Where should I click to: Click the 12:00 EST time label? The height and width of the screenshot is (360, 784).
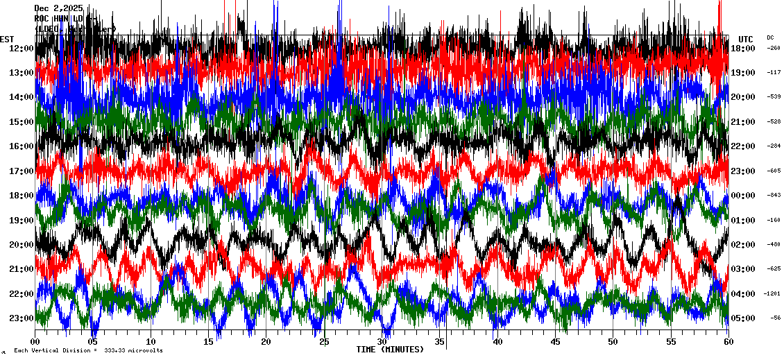(x=22, y=48)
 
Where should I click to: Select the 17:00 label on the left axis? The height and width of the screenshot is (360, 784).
(x=22, y=171)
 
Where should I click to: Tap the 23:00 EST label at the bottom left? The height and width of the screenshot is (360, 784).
(x=22, y=318)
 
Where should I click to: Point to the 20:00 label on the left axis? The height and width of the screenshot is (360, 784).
(x=22, y=244)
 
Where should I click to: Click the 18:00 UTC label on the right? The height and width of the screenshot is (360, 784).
(x=742, y=48)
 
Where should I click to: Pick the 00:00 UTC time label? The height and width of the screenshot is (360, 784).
(x=742, y=196)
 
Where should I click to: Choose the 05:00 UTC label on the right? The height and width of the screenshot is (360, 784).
(x=742, y=318)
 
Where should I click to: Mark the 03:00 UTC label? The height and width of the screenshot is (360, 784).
(x=742, y=269)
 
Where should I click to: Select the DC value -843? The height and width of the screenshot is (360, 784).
(x=774, y=195)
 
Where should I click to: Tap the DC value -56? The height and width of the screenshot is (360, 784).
(x=775, y=318)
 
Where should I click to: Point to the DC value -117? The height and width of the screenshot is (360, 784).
(x=774, y=72)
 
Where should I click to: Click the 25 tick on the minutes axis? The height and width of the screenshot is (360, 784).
(x=324, y=342)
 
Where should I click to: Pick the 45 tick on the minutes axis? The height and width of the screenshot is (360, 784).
(x=555, y=342)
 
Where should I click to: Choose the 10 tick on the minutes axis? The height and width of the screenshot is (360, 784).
(x=151, y=342)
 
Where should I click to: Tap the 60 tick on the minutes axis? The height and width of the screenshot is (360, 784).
(x=728, y=342)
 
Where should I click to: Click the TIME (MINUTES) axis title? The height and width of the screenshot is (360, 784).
(x=390, y=350)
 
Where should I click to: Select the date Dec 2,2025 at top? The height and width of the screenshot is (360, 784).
(x=58, y=8)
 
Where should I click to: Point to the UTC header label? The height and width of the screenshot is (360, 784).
(x=745, y=39)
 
